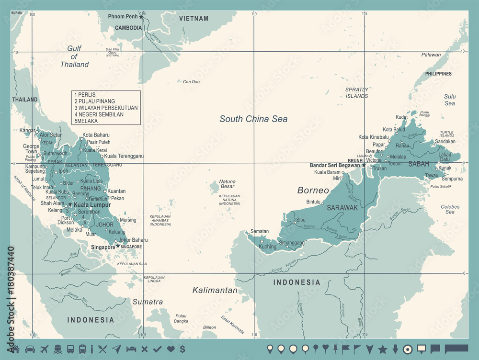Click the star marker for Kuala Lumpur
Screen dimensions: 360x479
[x=70, y=204]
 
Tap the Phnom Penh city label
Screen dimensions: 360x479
[x=123, y=17]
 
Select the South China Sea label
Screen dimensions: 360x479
[x=253, y=119]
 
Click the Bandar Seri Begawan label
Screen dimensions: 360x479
[x=335, y=165]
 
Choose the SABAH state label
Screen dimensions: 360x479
[x=419, y=164]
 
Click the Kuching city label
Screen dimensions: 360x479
[x=267, y=247]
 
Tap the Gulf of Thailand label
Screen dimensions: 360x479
[x=75, y=56]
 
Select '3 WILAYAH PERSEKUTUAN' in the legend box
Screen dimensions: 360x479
[x=106, y=108]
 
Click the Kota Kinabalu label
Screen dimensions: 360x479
[x=374, y=137]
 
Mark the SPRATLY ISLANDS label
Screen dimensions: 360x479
[x=357, y=92]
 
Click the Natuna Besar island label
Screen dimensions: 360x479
[x=227, y=184]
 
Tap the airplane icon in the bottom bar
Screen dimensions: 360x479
[x=45, y=349]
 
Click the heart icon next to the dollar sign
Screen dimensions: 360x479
[x=171, y=349]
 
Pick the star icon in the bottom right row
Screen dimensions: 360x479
[x=383, y=349]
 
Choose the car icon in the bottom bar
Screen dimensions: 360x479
[x=30, y=349]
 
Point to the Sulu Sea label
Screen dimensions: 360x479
[x=449, y=100]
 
